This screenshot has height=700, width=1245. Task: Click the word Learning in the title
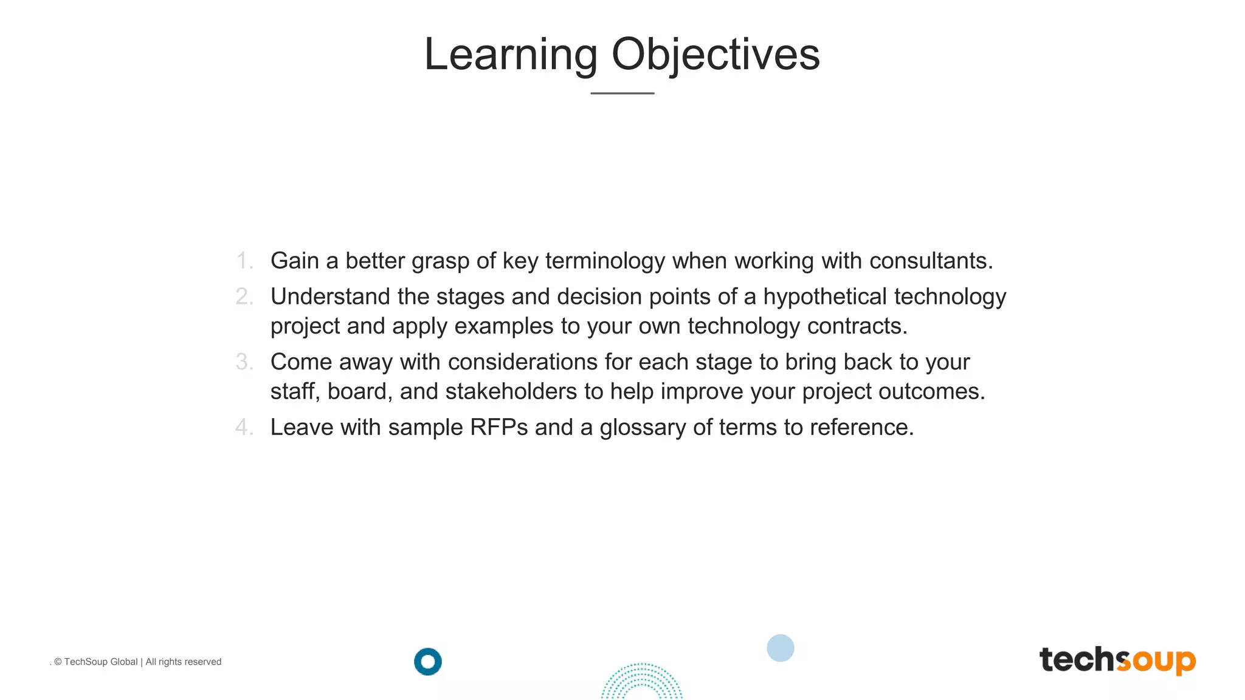coord(511,55)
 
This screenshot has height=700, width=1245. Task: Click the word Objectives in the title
coord(716,55)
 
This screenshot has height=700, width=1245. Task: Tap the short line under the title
coord(622,93)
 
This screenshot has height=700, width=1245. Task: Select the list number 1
coord(244,261)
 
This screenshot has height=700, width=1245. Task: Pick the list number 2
coord(244,297)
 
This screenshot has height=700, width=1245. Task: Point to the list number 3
coord(244,362)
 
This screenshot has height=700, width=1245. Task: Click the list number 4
coord(244,427)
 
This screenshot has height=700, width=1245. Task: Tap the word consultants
coord(931,261)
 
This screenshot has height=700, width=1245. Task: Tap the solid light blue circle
coord(781,648)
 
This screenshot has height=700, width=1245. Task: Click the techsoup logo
coord(1117,660)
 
